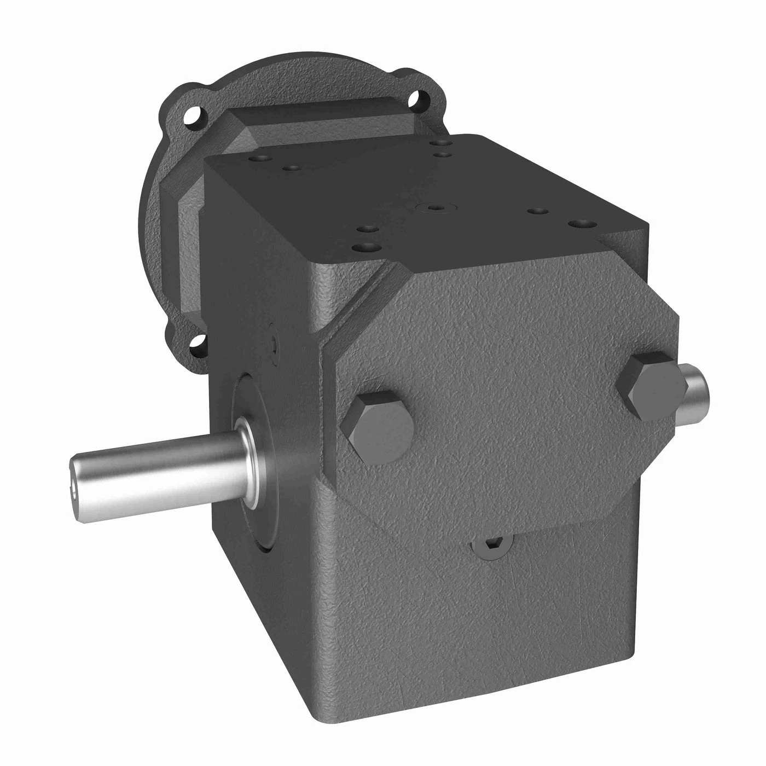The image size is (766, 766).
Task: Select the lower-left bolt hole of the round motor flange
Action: pos(196,343)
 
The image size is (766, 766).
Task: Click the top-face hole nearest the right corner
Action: pos(581,224)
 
